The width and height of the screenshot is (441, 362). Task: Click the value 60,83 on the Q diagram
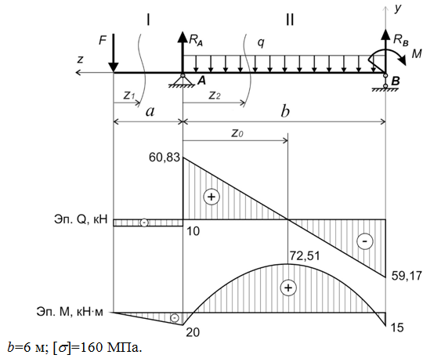click(x=164, y=157)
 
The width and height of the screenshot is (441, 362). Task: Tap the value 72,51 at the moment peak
click(x=305, y=256)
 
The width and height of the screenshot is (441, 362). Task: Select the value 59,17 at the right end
click(x=407, y=276)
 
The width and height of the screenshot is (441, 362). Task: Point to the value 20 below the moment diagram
click(x=193, y=332)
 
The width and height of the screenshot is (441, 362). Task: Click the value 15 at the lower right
click(x=397, y=328)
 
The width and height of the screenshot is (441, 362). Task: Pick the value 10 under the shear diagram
click(x=193, y=231)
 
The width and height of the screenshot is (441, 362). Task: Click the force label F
click(x=103, y=41)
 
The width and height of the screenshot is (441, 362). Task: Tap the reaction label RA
click(x=196, y=40)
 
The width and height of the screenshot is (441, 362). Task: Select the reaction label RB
click(x=401, y=40)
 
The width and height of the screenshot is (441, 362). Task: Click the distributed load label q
click(x=262, y=43)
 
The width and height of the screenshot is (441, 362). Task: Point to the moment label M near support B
click(x=417, y=53)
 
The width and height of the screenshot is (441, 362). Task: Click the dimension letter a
click(x=150, y=112)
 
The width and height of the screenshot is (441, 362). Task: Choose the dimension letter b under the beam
click(x=285, y=111)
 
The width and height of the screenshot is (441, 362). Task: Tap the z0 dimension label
click(x=237, y=132)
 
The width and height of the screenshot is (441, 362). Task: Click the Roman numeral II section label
click(x=290, y=20)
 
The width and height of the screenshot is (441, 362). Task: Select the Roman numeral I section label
click(x=148, y=20)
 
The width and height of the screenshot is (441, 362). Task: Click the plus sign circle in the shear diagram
click(x=211, y=197)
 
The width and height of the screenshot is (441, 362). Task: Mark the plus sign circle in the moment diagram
click(x=288, y=288)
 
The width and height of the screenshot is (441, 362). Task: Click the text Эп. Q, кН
click(x=81, y=219)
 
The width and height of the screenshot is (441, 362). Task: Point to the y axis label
click(x=397, y=9)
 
